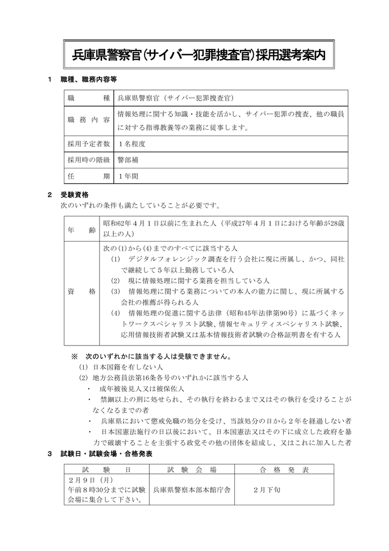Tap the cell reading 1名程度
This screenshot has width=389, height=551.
point(132,144)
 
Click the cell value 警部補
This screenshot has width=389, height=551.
point(128,160)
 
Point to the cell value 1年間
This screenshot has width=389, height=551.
point(128,175)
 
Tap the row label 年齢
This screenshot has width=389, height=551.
point(82,230)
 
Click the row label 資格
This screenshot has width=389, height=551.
point(82,291)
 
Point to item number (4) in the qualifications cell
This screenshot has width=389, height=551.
point(116,313)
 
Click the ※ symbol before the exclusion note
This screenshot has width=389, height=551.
point(75,356)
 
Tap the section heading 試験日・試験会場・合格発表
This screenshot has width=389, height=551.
point(107,454)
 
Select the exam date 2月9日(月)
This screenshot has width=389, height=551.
point(90,479)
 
